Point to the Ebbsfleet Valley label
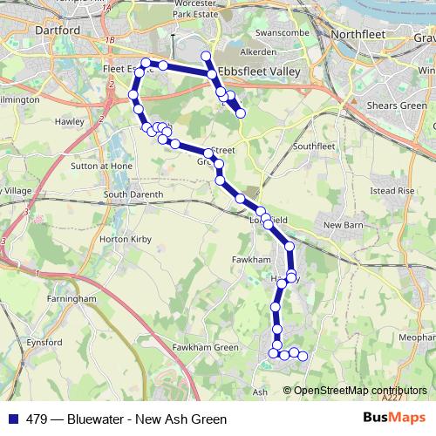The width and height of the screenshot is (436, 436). tap(272, 70)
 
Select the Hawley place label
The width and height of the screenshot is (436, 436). tap(71, 123)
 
